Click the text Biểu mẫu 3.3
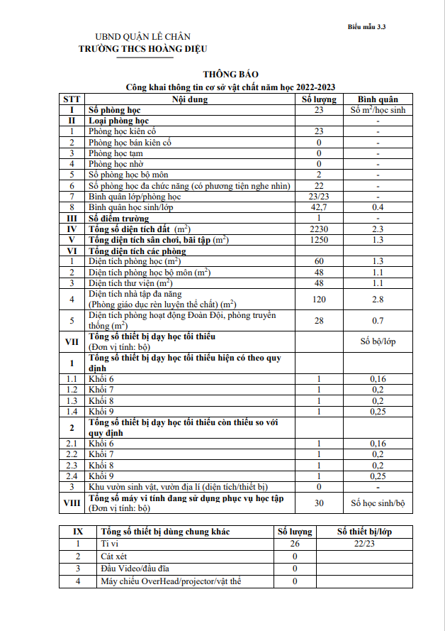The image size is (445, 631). (366, 26)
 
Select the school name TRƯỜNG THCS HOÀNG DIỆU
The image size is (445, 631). (144, 48)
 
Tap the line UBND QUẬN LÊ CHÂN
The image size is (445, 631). (143, 37)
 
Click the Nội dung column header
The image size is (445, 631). (190, 99)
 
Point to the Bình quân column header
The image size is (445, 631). (378, 99)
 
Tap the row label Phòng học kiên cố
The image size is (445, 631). (122, 131)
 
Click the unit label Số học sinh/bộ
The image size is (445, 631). (378, 503)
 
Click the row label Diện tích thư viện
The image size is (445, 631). (132, 283)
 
